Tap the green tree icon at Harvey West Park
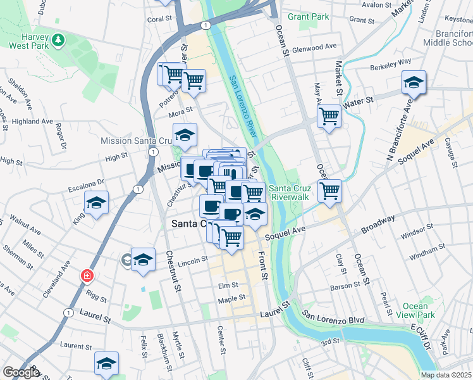pos(58,41)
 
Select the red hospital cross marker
pos(87,276)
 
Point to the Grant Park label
pos(308,16)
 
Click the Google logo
pos(20,372)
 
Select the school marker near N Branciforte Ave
pos(414,82)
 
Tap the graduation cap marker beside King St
pos(97,203)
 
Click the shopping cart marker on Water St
pos(329,117)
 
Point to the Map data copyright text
pos(446,375)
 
